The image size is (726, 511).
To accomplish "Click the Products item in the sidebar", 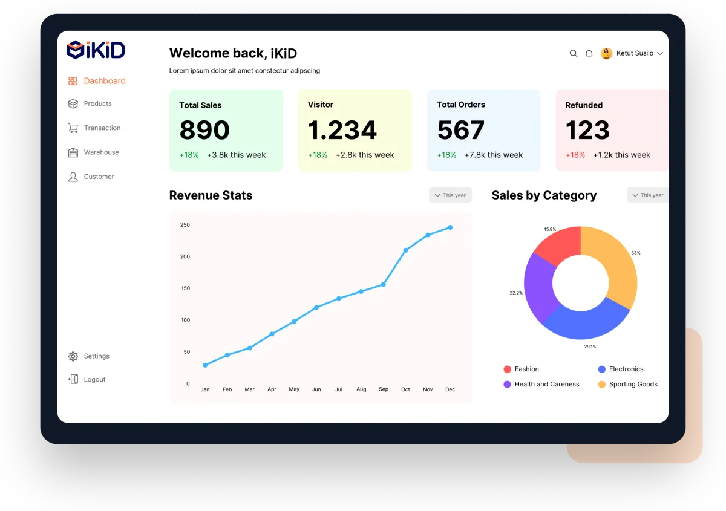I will [97, 103].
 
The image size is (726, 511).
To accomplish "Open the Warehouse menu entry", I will [101, 152].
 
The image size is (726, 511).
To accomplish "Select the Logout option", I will [94, 379].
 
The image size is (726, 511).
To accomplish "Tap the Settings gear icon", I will [73, 356].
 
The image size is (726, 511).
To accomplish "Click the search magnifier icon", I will [574, 54].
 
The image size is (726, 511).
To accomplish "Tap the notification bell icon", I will [589, 54].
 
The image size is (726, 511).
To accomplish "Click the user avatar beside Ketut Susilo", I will [606, 54].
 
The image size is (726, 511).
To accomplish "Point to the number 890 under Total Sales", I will [204, 130].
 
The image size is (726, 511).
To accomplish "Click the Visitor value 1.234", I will [342, 130].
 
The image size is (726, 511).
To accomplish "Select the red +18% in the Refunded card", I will [575, 155].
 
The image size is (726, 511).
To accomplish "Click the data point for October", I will [405, 250].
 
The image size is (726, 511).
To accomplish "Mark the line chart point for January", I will [205, 365].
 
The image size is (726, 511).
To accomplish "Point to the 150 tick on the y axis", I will [185, 288].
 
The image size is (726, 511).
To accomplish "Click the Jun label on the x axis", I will [316, 389].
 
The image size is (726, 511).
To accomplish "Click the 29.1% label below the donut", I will [590, 347].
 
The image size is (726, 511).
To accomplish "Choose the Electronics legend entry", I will [626, 369].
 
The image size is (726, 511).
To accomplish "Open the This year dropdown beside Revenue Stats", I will [450, 195].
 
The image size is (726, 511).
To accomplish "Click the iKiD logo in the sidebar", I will [96, 50].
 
